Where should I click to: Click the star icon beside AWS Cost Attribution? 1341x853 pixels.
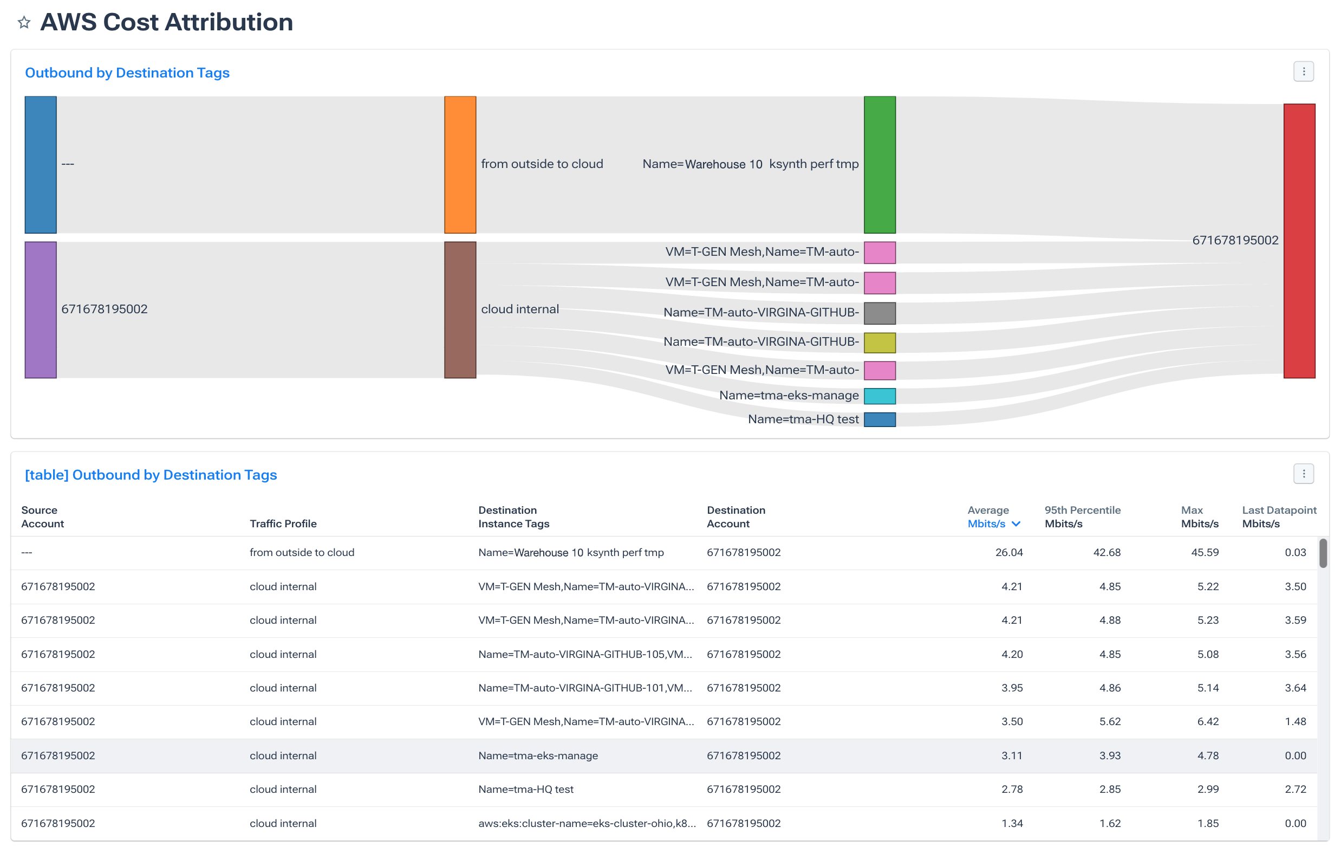click(x=23, y=23)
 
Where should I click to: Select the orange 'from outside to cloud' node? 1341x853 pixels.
click(x=460, y=164)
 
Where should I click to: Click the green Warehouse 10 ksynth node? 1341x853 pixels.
click(x=880, y=164)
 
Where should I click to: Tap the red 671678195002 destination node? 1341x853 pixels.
click(x=1299, y=241)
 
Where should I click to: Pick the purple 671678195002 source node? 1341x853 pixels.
click(x=41, y=310)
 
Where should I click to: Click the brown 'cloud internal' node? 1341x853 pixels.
click(x=460, y=310)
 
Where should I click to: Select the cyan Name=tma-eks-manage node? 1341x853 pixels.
click(x=880, y=396)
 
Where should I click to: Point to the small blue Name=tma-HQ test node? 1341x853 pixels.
click(x=880, y=419)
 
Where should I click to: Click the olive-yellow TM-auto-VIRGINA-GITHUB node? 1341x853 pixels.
click(x=880, y=343)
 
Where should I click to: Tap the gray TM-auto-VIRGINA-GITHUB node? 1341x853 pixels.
click(x=880, y=313)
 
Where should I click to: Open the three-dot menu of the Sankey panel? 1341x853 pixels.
click(x=1303, y=72)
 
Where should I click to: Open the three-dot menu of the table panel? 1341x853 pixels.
click(x=1303, y=474)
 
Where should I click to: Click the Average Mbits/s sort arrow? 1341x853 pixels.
click(x=1016, y=524)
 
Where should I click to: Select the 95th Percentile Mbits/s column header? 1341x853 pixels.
click(x=1082, y=516)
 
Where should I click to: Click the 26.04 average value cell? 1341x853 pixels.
click(x=1008, y=552)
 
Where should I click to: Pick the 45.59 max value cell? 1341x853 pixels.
click(x=1205, y=552)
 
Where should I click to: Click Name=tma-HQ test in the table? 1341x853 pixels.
click(x=526, y=789)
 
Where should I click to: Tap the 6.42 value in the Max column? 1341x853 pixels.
click(x=1207, y=721)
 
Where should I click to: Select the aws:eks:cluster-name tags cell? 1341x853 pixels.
click(x=587, y=823)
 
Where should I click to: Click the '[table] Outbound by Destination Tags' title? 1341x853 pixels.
click(x=151, y=475)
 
